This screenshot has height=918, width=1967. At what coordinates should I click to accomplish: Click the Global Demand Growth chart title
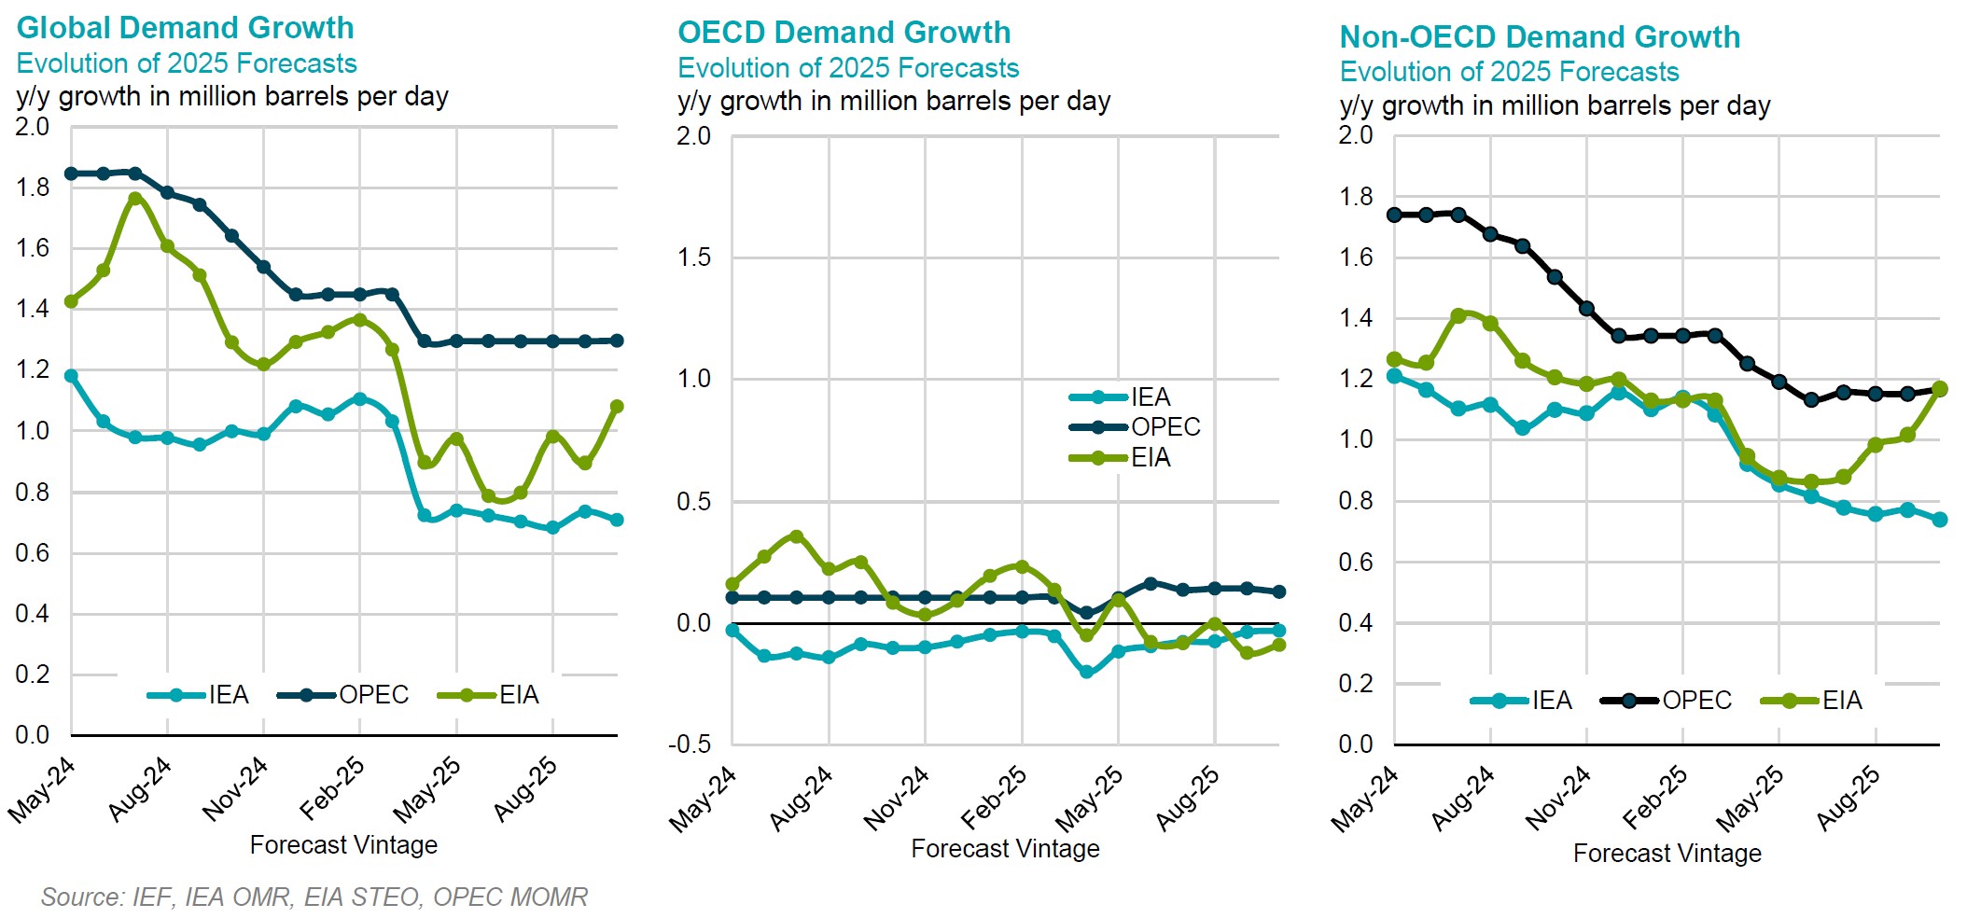(185, 28)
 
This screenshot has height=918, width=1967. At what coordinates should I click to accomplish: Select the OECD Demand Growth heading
(844, 33)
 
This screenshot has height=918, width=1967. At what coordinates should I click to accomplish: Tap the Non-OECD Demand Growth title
(1540, 37)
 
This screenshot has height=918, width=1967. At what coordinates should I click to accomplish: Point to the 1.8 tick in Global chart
(33, 188)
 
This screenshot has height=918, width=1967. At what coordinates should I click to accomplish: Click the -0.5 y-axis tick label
(690, 744)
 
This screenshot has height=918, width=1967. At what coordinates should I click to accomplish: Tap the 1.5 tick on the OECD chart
(694, 257)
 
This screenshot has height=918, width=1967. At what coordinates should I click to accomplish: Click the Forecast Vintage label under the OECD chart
(1005, 849)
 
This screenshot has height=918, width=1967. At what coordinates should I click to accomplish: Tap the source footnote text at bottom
(314, 897)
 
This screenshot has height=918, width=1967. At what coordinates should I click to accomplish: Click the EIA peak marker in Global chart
(135, 199)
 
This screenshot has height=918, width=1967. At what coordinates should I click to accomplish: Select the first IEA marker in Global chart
(71, 376)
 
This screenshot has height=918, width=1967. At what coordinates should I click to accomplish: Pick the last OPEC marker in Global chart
(617, 341)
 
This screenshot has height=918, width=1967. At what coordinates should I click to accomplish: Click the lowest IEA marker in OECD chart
(1086, 672)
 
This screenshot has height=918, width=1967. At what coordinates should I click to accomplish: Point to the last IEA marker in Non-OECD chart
(1940, 520)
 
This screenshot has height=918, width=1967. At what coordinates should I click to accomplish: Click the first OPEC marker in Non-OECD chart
(1394, 215)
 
